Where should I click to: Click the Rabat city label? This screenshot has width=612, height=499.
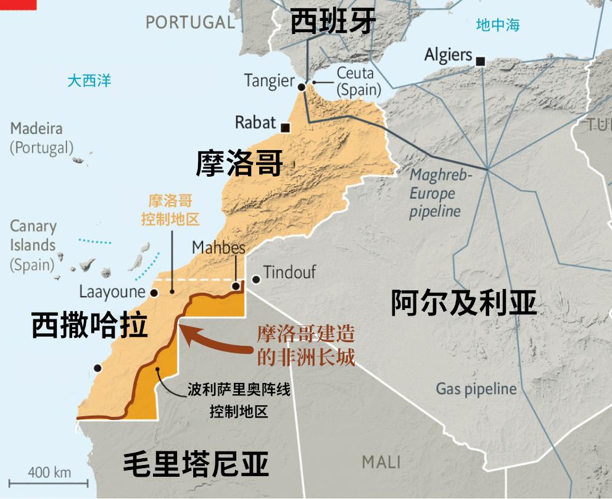click(255, 122)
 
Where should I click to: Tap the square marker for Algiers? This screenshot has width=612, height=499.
click(481, 61)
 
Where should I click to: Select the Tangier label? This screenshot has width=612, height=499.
click(269, 80)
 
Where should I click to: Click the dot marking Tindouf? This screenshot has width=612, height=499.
click(255, 279)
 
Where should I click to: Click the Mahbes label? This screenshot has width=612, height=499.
click(218, 248)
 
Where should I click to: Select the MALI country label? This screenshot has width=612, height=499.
click(381, 461)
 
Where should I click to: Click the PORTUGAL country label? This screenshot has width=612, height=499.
click(191, 22)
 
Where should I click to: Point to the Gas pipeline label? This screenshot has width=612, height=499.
click(476, 388)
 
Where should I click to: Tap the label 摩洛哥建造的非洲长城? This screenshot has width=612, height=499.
click(305, 346)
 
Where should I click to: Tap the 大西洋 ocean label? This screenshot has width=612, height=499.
click(89, 80)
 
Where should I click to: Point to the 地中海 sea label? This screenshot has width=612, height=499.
click(498, 25)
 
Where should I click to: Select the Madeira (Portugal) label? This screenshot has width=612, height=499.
click(41, 138)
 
